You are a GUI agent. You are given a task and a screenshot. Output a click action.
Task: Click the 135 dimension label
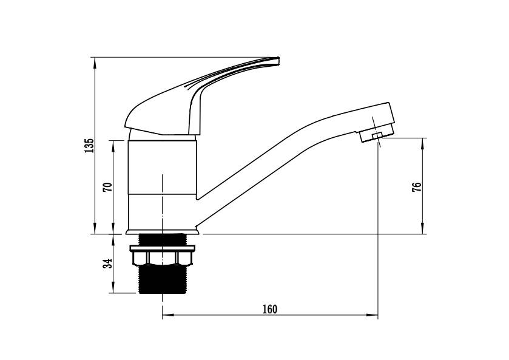pos(89,146)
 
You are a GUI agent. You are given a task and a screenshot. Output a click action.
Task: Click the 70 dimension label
pos(107,187)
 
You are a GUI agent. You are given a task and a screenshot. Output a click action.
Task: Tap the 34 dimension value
pos(107,263)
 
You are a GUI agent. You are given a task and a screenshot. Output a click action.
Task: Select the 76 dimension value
pos(417,187)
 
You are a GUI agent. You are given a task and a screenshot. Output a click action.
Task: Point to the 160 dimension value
pos(270,309)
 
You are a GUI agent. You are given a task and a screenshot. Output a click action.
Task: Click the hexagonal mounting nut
pos(162,258)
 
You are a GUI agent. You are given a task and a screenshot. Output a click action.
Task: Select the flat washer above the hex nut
pos(163,248)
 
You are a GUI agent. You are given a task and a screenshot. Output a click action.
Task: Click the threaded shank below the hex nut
pos(162,279)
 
